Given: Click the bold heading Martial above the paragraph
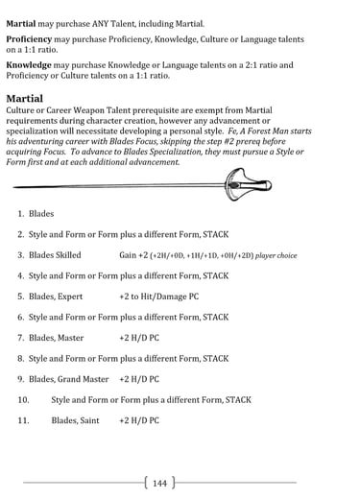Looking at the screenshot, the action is point(25,98).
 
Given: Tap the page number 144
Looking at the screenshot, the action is point(159,483).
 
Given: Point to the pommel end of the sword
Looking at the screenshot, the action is point(268,185).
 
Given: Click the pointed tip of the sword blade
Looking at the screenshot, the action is point(13,187).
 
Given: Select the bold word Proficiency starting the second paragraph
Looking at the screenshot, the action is point(29,39).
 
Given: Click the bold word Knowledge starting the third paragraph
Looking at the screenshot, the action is point(29,65).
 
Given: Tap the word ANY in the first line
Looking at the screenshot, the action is point(100,24).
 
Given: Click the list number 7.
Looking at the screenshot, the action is point(21,338).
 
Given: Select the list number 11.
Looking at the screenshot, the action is point(23,420).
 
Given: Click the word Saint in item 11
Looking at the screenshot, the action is point(89,420).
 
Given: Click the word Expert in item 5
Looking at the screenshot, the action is point(70,297).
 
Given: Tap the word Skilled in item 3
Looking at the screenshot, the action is point(68,255).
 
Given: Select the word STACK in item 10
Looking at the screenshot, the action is point(238,400).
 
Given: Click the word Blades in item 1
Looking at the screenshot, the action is point(41,214).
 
